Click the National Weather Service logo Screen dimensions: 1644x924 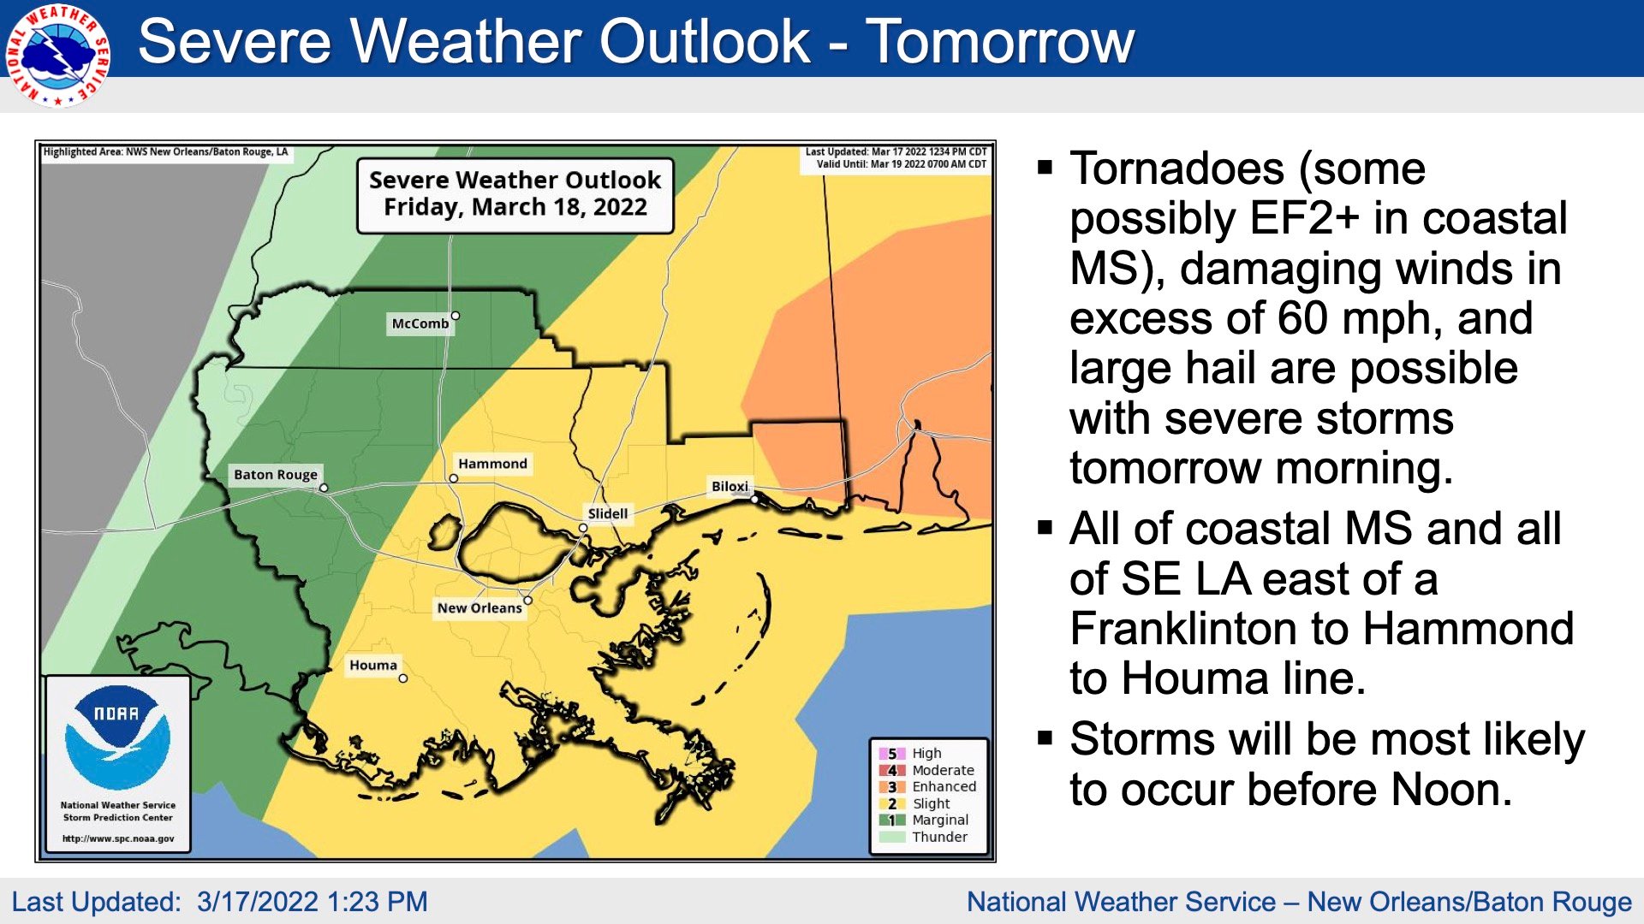57,55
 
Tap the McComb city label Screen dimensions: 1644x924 420,323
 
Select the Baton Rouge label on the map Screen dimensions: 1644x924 276,475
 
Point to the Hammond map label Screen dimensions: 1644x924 492,464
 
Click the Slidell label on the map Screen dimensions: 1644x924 608,513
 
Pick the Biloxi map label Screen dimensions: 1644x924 730,486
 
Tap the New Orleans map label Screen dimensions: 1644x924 479,607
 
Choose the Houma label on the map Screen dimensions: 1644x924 373,665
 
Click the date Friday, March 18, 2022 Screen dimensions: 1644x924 515,207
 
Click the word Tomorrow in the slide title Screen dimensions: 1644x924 1001,41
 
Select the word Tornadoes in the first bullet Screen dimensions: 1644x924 1177,168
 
